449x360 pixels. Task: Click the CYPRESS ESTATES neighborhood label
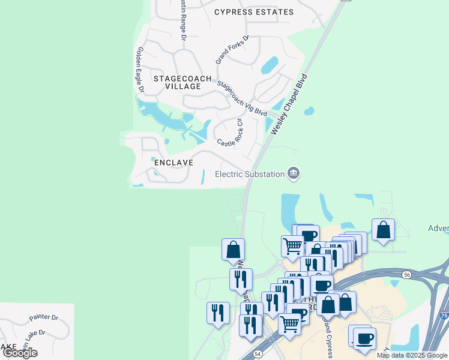point(254,12)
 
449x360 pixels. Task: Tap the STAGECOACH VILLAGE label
point(182,82)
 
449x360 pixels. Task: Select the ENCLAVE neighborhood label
point(173,163)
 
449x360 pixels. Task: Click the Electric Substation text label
point(250,174)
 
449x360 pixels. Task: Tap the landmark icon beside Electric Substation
point(294,173)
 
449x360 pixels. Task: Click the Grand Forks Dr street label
point(232,50)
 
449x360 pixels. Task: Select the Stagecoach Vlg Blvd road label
point(242,98)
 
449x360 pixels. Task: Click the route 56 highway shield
point(407,274)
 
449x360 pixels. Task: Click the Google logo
point(20,353)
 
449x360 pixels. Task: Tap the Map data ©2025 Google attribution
point(411,355)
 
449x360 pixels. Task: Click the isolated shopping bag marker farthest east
point(383,229)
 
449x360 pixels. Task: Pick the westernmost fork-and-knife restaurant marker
point(218,312)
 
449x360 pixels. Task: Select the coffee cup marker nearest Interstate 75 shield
point(364,338)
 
